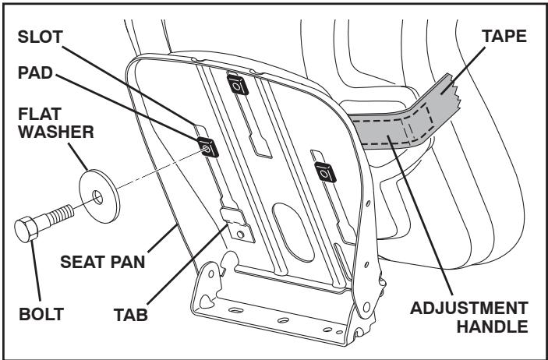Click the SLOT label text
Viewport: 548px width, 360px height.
tap(41, 37)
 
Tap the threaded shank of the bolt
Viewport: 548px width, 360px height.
tap(62, 214)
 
